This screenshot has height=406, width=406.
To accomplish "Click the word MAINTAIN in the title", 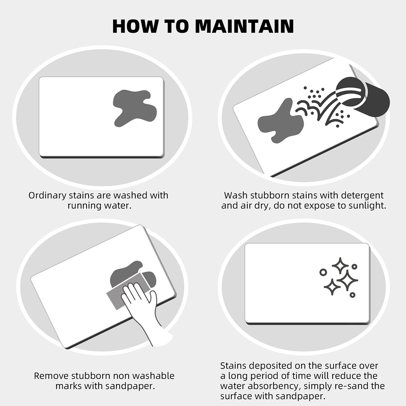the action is click(244, 26).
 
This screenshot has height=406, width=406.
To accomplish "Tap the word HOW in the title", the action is click(135, 26).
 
